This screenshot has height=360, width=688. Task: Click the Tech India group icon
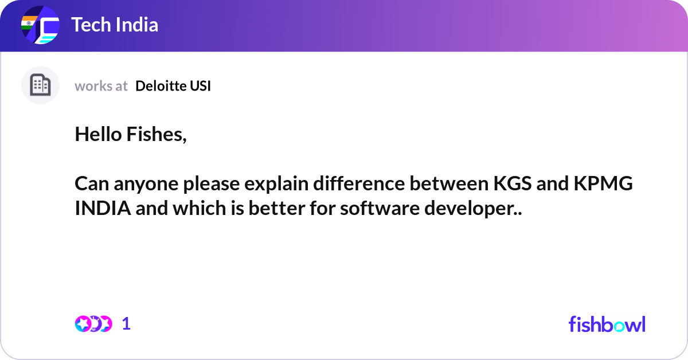tap(40, 25)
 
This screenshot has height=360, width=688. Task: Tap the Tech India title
tap(115, 25)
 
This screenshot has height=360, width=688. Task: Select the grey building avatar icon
tap(40, 85)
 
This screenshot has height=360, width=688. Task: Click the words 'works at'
tap(101, 86)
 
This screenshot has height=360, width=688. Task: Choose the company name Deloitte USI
tap(173, 85)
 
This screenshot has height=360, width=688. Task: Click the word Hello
tap(98, 134)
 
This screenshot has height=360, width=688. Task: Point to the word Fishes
tap(157, 135)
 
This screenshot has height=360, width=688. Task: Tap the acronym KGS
tap(513, 183)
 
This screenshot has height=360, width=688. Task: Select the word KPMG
tap(603, 183)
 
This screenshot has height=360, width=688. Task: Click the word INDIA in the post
tap(103, 208)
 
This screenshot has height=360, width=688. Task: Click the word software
tap(380, 208)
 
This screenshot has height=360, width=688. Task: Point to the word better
tap(277, 208)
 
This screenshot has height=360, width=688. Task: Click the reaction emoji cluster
tap(93, 324)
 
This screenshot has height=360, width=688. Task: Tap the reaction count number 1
tap(126, 324)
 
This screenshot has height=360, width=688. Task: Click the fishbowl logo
tap(607, 324)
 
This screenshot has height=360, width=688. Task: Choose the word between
tap(449, 183)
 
